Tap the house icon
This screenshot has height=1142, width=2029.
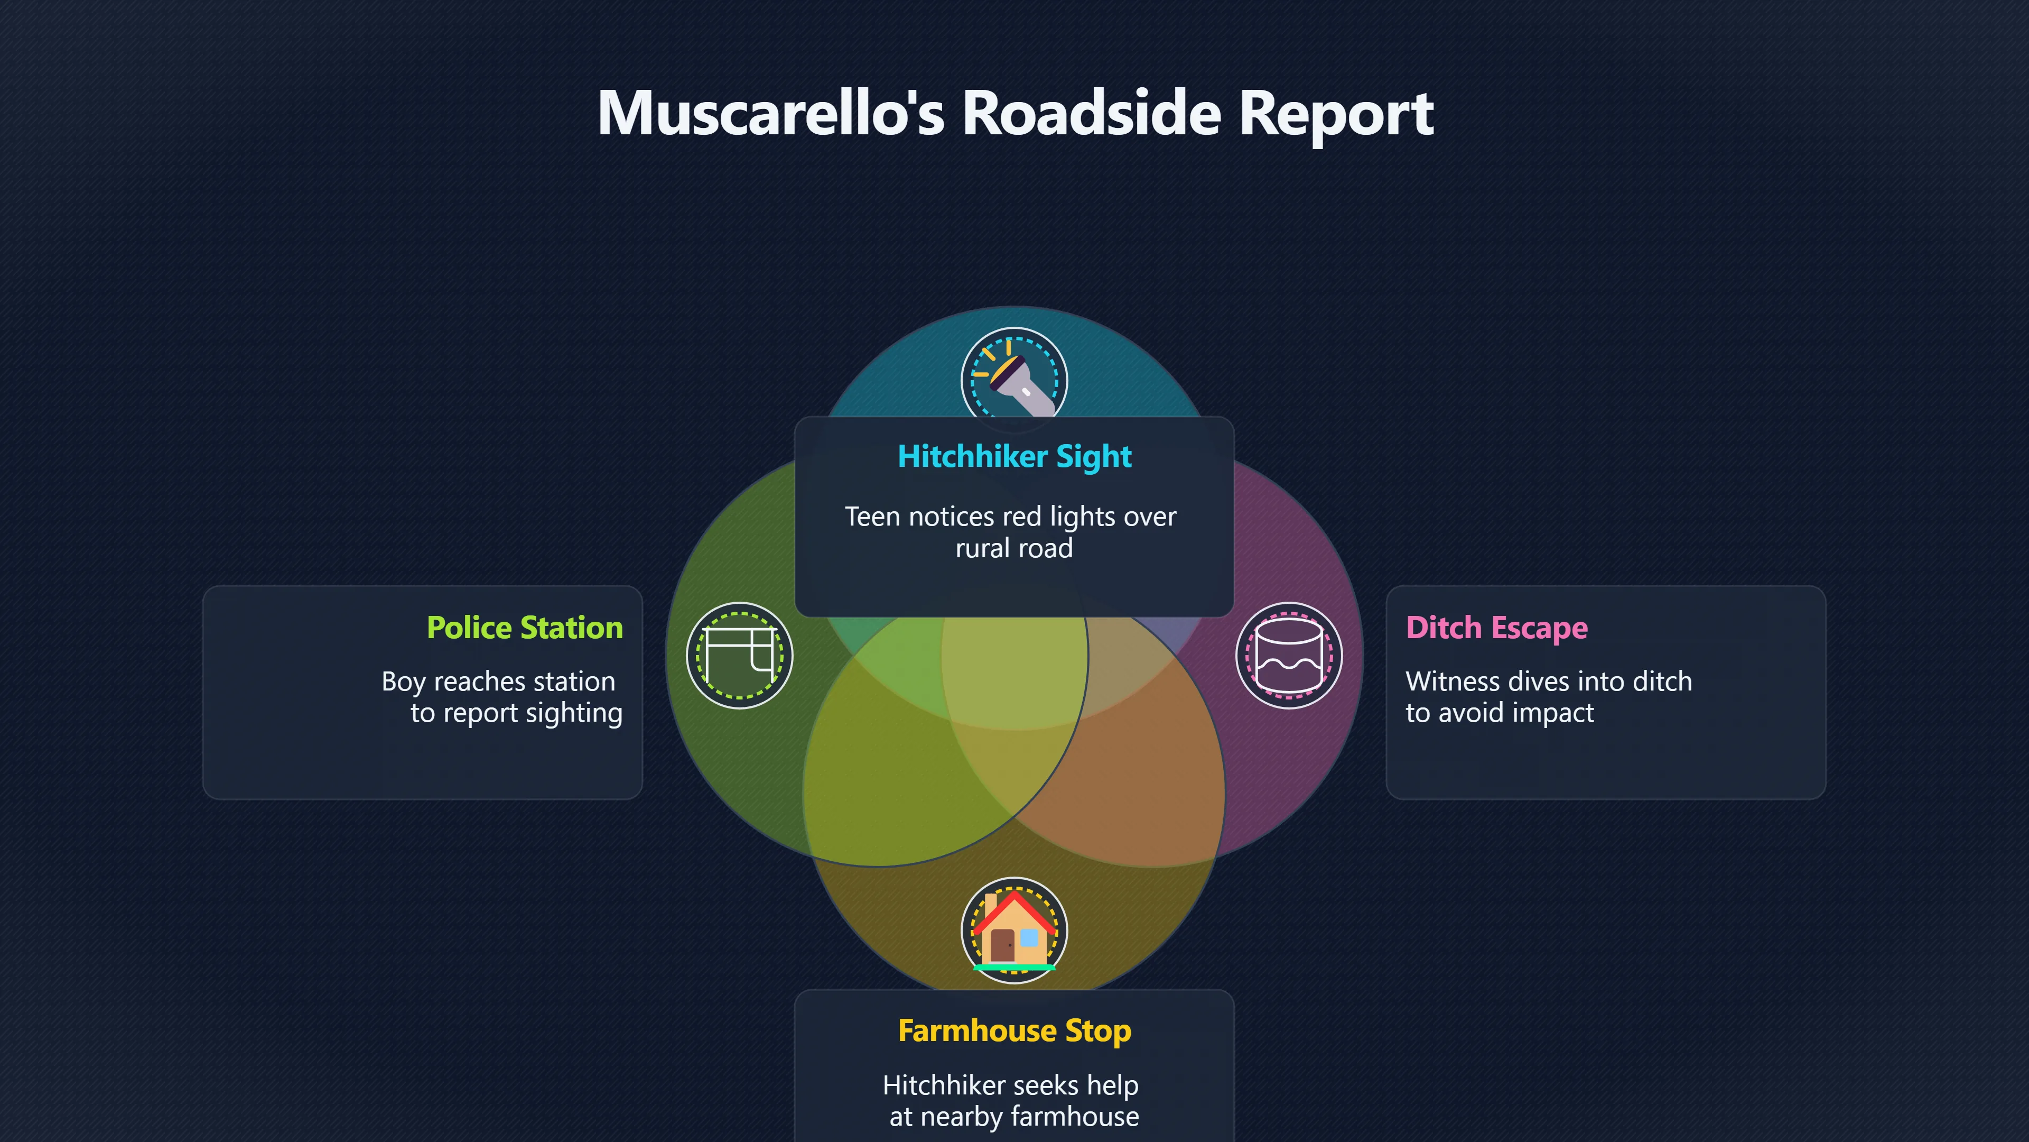pyautogui.click(x=1015, y=930)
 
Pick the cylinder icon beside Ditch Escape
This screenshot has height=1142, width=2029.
pyautogui.click(x=1289, y=656)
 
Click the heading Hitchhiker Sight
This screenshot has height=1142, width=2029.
pyautogui.click(x=1015, y=456)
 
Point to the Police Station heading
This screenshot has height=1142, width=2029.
pyautogui.click(x=525, y=628)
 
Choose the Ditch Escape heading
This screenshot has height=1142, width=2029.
pyautogui.click(x=1496, y=628)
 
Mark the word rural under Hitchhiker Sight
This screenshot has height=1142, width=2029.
pyautogui.click(x=981, y=548)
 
